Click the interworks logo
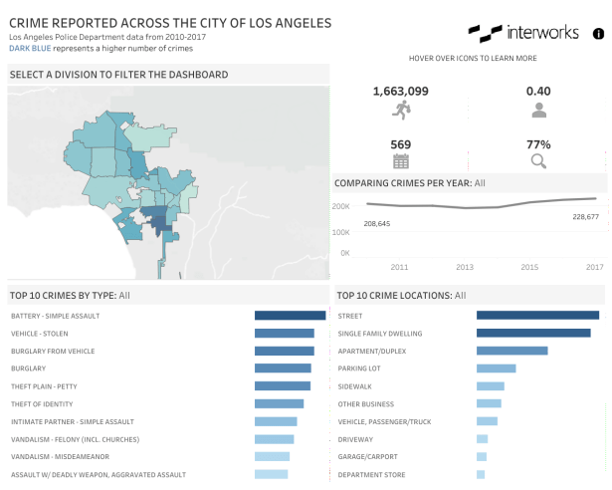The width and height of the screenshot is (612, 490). coord(523,33)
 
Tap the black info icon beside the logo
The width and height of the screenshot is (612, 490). coord(598,33)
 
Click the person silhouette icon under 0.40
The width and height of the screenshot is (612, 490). coord(538,110)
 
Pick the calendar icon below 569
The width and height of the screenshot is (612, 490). coord(401,160)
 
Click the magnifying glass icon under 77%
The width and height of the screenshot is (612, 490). coord(538,160)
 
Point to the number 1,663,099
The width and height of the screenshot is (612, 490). coord(401,91)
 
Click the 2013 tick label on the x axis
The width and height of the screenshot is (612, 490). coord(465,267)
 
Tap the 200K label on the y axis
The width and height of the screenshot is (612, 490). coord(339,206)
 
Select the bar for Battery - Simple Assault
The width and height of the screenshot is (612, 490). coord(290,316)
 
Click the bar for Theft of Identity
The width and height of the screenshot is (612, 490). coord(279,403)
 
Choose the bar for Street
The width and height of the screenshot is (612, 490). coord(537,316)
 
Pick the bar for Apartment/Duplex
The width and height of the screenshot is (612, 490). coord(511,351)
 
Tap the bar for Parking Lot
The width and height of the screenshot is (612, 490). coord(496,368)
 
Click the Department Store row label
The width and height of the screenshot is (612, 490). coord(371,474)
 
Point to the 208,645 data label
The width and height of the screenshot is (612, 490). coord(377,223)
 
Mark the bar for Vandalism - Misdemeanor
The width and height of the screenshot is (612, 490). coord(272,456)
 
